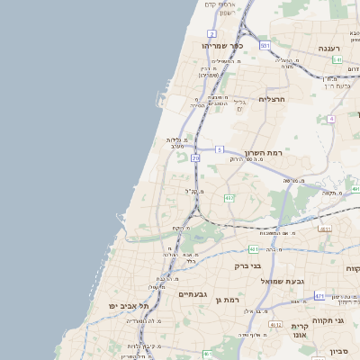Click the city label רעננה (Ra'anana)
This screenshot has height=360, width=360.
tap(328, 48)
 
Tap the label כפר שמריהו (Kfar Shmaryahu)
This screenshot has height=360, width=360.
tap(218, 44)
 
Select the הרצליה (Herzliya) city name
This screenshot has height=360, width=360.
tap(271, 98)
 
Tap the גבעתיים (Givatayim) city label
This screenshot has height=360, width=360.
tap(193, 294)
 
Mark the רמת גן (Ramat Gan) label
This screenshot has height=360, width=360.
tap(235, 298)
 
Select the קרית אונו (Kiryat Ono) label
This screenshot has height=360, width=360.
tap(301, 328)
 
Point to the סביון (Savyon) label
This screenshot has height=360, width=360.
tap(338, 351)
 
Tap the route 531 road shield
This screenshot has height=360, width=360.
tap(265, 45)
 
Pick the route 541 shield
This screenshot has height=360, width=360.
tap(337, 59)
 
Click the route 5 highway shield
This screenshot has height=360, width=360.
tap(220, 148)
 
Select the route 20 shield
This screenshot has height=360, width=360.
tap(195, 158)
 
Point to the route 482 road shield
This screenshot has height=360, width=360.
tap(229, 197)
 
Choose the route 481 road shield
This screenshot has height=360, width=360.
tap(254, 248)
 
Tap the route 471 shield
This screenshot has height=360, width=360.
tap(319, 294)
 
